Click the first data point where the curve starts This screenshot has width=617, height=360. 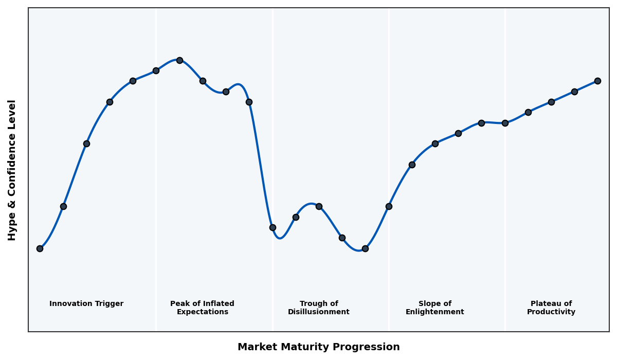(x=40, y=248)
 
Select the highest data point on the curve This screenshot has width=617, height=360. (x=179, y=60)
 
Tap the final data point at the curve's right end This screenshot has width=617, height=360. (x=597, y=81)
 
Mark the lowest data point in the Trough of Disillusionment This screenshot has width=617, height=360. (x=365, y=248)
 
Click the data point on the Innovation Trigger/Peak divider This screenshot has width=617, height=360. (x=156, y=70)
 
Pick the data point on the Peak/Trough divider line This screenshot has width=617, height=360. (x=273, y=227)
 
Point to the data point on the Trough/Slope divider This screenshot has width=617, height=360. (x=389, y=206)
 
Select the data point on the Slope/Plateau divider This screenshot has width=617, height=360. (x=505, y=123)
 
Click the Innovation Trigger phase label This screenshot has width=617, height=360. (x=86, y=304)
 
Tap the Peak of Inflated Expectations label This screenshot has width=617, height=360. (x=202, y=308)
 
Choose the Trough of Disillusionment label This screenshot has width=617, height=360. (x=319, y=308)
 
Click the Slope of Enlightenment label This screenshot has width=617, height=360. (x=435, y=308)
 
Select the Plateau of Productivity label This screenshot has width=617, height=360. (x=551, y=308)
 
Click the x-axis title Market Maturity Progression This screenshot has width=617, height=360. (x=319, y=347)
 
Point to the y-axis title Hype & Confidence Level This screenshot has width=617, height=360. (x=12, y=170)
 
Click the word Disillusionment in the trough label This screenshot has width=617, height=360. (x=319, y=312)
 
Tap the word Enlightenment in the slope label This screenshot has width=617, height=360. (x=435, y=312)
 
